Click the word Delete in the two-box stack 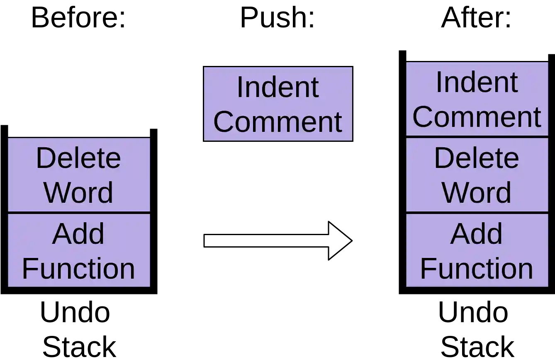pyautogui.click(x=78, y=158)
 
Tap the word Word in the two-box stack pyautogui.click(x=78, y=192)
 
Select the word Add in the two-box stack pyautogui.click(x=78, y=234)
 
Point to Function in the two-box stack pyautogui.click(x=78, y=269)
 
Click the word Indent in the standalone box pyautogui.click(x=277, y=87)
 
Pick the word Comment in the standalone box pyautogui.click(x=277, y=122)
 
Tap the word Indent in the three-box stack pyautogui.click(x=477, y=82)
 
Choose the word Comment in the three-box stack pyautogui.click(x=477, y=117)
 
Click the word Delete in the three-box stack pyautogui.click(x=477, y=158)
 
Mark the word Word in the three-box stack pyautogui.click(x=477, y=192)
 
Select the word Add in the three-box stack pyautogui.click(x=477, y=234)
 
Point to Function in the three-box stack pyautogui.click(x=477, y=269)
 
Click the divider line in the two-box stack pyautogui.click(x=78, y=213)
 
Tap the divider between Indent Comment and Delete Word pyautogui.click(x=477, y=137)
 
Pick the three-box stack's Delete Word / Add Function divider pyautogui.click(x=477, y=213)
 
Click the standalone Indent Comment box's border pyautogui.click(x=204, y=104)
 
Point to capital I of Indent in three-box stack pyautogui.click(x=438, y=82)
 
